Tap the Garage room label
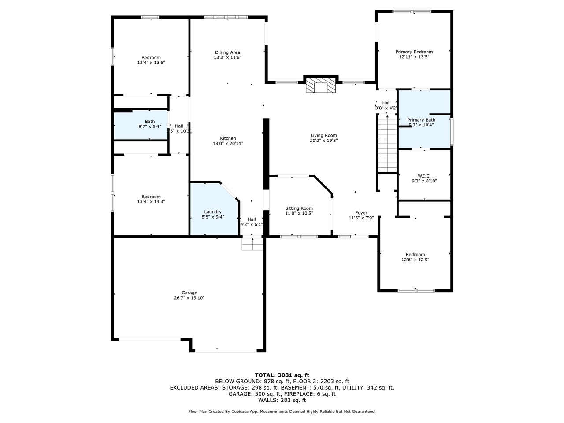[189, 293]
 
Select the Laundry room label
[213, 211]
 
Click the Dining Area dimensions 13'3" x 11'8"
[227, 57]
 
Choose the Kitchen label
[228, 138]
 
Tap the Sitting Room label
[299, 208]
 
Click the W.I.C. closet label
[424, 176]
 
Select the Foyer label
[361, 213]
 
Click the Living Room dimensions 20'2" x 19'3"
[323, 141]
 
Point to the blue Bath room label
[150, 122]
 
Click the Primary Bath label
[421, 120]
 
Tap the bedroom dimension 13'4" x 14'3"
[151, 201]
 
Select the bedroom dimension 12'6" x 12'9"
[415, 260]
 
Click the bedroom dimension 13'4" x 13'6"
[151, 63]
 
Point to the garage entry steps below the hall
[252, 244]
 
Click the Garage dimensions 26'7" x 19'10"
[189, 298]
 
